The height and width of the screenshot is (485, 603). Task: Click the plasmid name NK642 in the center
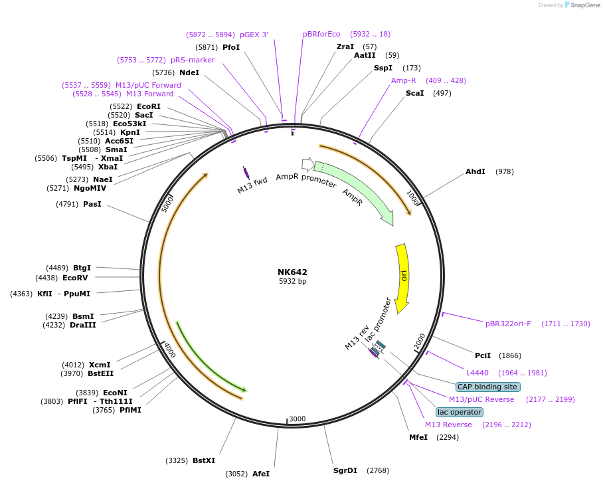point(292,272)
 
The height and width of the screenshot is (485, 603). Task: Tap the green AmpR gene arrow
point(359,189)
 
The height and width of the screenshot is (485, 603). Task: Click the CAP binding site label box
point(487,387)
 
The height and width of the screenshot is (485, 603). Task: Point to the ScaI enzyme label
point(414,93)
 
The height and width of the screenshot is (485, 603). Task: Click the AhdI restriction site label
point(475,171)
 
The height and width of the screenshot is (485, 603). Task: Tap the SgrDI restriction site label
point(345,470)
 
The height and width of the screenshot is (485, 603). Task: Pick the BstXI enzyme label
point(204,460)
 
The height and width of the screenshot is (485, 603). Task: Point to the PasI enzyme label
point(92,204)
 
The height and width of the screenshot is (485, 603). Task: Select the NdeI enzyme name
point(189,72)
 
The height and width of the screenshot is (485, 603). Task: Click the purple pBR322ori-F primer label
point(508,324)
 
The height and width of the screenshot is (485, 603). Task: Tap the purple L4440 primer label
point(477,373)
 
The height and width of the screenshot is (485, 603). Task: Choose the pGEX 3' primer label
point(254,34)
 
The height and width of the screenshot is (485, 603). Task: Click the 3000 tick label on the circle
point(297,419)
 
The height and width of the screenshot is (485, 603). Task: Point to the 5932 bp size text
point(292,281)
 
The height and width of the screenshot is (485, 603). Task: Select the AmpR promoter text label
point(306,180)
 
